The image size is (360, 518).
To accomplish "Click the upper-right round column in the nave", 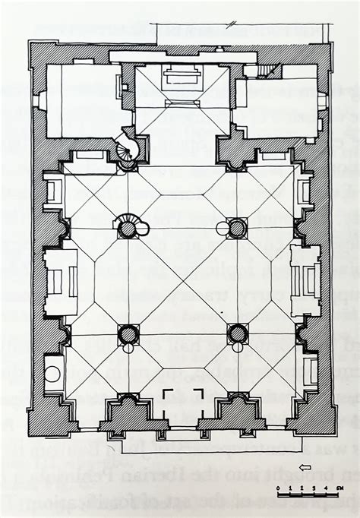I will (x=237, y=228).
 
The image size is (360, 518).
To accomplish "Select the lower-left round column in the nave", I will (x=128, y=333).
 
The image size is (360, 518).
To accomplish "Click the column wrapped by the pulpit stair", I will (x=128, y=227).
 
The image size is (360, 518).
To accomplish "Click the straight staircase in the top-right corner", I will (x=267, y=71).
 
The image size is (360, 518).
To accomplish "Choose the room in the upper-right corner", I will (x=279, y=106).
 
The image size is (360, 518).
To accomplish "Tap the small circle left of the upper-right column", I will (x=223, y=228).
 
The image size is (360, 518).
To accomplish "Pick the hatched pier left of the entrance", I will (x=134, y=416).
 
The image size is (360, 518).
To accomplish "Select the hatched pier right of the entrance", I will (x=232, y=416).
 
